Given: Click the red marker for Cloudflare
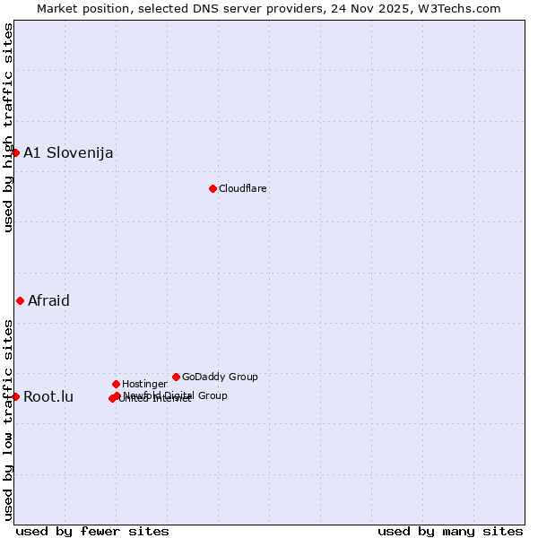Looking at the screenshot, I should point(213,188).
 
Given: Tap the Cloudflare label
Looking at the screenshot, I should point(243,188).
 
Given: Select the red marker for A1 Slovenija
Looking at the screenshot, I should point(15,152).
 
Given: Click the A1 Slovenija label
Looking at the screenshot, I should point(68,152).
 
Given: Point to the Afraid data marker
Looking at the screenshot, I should point(20,300).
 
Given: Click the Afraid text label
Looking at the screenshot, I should point(48,300).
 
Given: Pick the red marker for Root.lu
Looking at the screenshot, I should point(15,396).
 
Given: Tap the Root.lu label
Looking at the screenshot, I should point(48,396).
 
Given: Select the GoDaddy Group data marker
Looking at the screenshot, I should point(176,377).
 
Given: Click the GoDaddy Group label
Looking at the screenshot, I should point(220,377).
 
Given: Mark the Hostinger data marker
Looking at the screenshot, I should point(116,384).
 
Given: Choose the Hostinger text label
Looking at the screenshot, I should point(144,384).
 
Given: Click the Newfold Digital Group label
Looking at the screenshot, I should point(176,395).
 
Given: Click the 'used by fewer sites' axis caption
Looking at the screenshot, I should point(92,531).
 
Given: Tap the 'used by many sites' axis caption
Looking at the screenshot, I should point(450,531).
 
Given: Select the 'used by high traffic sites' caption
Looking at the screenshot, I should point(8,127).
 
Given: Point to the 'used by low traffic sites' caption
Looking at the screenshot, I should point(8,419).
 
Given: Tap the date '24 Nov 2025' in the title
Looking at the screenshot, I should point(370,8).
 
